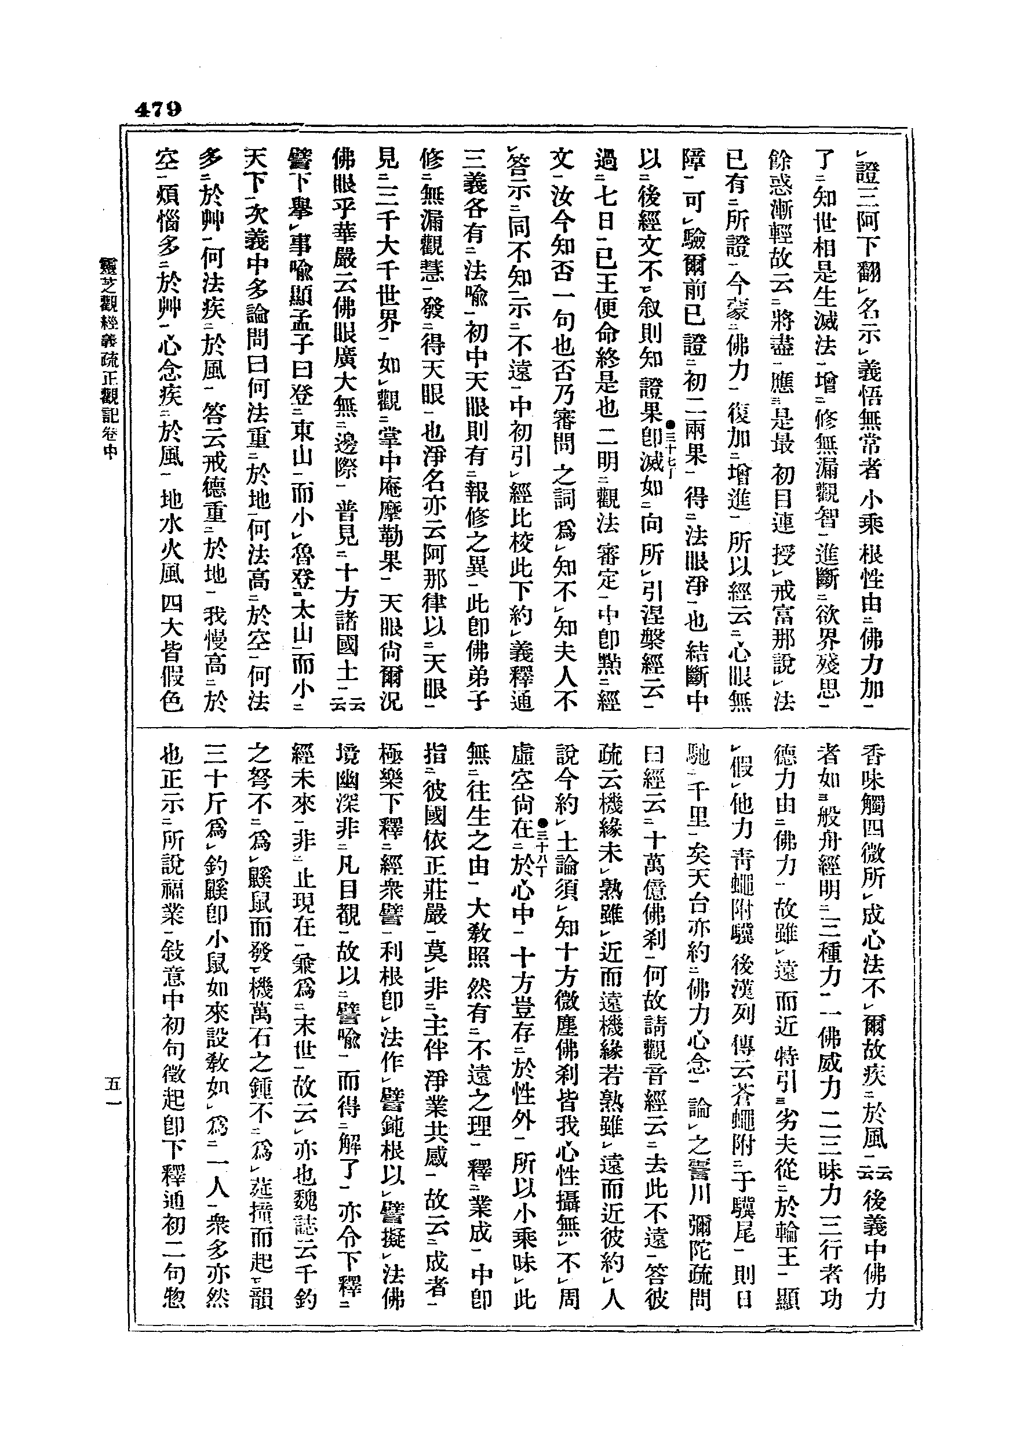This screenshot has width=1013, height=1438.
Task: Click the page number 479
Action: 158,110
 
